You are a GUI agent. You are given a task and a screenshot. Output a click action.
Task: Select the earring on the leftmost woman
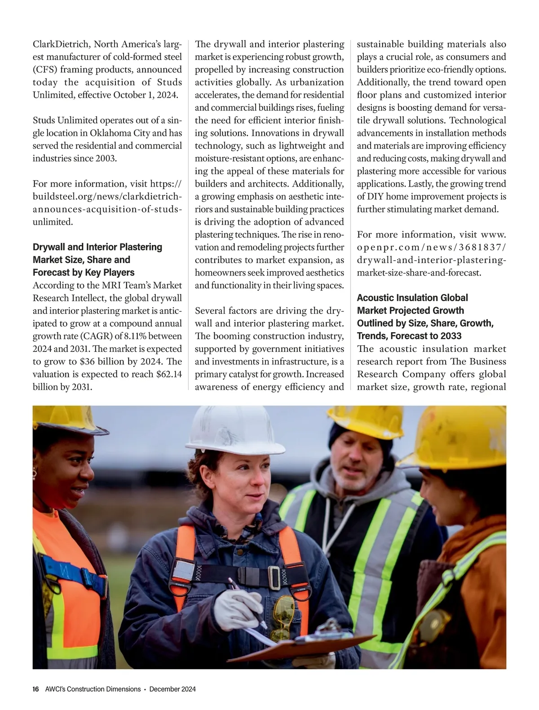click(x=35, y=473)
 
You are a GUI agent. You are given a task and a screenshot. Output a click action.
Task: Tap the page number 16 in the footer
click(x=36, y=689)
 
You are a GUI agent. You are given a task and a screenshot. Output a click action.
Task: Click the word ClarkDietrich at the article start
click(x=61, y=44)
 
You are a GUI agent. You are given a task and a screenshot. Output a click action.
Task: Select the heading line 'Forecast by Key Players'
click(x=84, y=272)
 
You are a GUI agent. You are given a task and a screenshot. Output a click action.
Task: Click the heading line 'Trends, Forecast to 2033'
click(x=409, y=336)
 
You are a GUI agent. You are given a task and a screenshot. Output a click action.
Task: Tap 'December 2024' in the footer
click(x=172, y=689)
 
